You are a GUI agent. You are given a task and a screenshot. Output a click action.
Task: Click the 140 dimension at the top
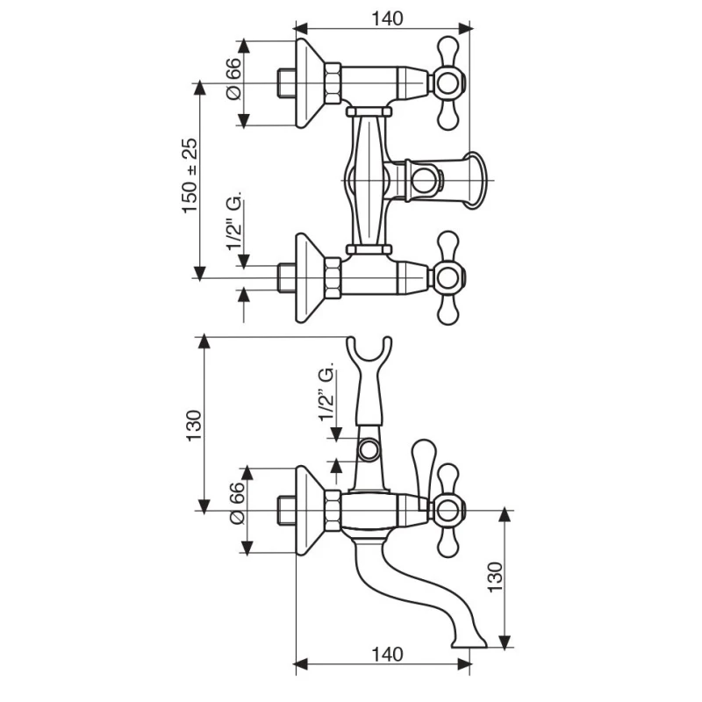pos(387,18)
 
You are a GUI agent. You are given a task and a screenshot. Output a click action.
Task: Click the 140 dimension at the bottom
pos(387,654)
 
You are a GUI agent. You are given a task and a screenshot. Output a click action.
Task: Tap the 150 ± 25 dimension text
pos(190,175)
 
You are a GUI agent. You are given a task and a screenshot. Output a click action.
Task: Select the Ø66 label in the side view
pos(237,503)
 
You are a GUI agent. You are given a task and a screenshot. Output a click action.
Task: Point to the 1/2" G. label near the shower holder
pos(326,391)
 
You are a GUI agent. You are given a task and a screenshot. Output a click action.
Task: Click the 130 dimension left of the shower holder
pos(194,426)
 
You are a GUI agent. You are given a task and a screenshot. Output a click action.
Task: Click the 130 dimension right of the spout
pos(495,577)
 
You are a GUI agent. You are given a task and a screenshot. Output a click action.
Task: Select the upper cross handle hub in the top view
pos(447,82)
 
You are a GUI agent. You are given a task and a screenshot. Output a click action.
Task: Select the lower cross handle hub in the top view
pos(447,278)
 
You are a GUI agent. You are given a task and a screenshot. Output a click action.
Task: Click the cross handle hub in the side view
pos(447,511)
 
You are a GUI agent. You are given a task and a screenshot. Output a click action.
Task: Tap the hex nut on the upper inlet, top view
pos(333,83)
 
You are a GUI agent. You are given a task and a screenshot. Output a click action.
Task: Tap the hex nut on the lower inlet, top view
pos(333,278)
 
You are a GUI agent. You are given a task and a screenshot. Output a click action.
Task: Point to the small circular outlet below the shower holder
pos(369,450)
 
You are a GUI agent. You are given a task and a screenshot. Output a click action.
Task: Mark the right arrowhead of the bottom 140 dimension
pos(464,665)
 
